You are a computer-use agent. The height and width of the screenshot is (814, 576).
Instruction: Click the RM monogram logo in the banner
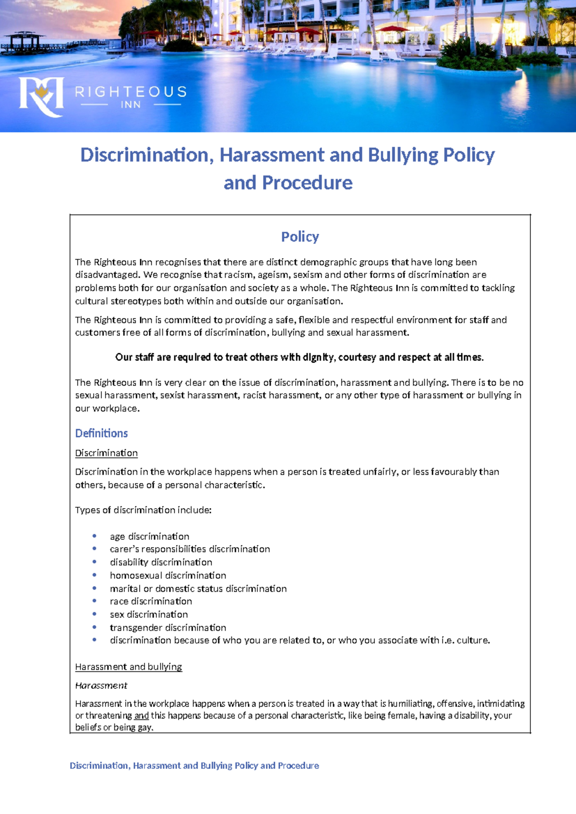[41, 96]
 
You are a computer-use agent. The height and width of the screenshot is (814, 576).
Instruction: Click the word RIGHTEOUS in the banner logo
[131, 92]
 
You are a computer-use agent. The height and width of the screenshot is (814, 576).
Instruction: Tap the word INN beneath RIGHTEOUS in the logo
[131, 105]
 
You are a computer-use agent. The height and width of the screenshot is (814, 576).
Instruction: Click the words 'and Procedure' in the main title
[288, 183]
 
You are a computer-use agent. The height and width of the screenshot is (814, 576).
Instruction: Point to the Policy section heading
[300, 237]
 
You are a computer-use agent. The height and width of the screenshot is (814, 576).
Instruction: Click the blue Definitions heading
[101, 433]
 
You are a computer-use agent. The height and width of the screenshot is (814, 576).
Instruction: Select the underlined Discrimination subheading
[106, 453]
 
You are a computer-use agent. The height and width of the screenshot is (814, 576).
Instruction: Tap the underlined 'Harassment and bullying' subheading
[128, 667]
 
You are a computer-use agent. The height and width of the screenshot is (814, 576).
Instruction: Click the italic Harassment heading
[101, 685]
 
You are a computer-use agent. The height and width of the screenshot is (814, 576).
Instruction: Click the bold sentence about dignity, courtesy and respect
[300, 357]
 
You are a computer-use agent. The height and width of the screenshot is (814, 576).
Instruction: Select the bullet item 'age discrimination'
[149, 536]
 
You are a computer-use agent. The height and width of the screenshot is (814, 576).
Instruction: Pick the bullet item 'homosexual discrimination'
[168, 575]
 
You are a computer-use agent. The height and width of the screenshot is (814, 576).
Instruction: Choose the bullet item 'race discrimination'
[151, 601]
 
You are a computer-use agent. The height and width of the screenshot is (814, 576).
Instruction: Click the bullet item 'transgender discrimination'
[168, 627]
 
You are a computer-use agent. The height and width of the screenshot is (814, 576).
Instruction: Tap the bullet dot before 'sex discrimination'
[95, 614]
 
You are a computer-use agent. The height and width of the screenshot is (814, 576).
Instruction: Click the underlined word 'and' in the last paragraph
[141, 716]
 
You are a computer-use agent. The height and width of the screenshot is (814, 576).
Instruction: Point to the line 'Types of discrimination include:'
[143, 510]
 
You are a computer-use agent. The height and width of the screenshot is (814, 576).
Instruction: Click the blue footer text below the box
[194, 766]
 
